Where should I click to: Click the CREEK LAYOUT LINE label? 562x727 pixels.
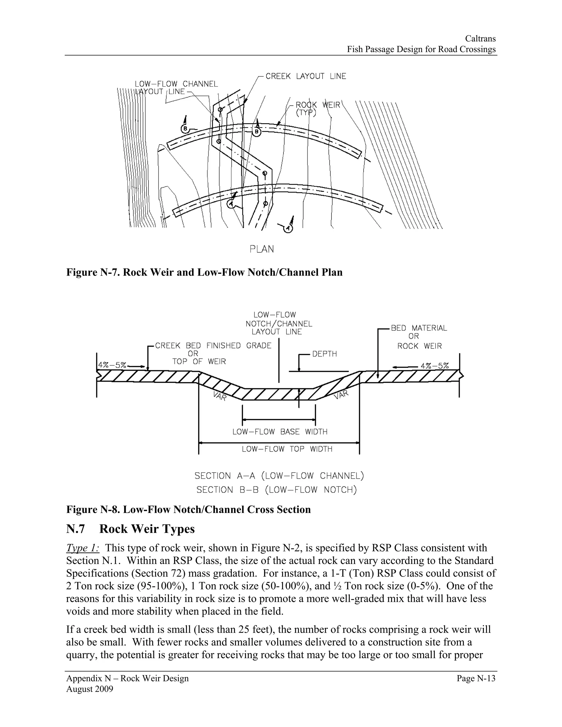(306, 76)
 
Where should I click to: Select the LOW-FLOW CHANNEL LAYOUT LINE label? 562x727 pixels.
(176, 88)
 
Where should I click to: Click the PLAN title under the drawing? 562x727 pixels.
(262, 249)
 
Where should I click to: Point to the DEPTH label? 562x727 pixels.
(324, 354)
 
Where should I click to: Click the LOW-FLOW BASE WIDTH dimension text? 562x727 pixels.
(280, 432)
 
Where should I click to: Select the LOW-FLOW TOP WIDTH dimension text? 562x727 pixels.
(287, 449)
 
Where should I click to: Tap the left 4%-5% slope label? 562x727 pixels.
(112, 365)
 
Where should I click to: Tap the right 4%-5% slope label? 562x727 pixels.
(434, 365)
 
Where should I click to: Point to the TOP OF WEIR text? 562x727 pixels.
(199, 362)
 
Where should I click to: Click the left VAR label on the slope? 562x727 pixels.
(220, 396)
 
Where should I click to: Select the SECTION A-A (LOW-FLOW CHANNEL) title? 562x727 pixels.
(279, 476)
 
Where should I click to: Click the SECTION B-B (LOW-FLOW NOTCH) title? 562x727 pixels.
(276, 490)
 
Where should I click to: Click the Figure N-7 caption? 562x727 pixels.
(204, 272)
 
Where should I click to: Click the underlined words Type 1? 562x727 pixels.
(83, 548)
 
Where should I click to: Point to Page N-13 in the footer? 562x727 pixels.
(476, 678)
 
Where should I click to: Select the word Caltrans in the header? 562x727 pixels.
(480, 39)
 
